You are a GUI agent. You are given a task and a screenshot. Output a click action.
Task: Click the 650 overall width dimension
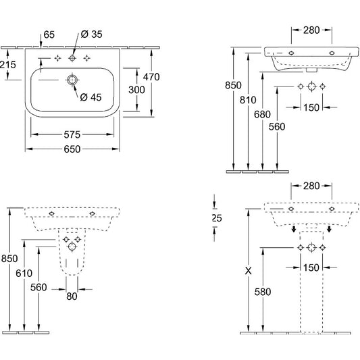(72, 149)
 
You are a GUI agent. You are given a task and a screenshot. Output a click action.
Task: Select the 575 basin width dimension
(72, 135)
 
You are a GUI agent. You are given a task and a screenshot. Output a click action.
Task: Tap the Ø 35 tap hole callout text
(92, 34)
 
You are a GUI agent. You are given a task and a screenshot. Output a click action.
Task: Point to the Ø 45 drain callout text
(91, 97)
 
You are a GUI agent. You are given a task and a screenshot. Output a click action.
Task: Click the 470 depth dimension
(151, 77)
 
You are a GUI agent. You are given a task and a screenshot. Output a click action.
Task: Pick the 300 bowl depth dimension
(136, 90)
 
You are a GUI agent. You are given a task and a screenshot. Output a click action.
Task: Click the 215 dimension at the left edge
(8, 65)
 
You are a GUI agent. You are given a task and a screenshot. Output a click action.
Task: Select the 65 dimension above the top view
(49, 34)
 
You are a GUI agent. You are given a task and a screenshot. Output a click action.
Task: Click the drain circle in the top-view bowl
(72, 80)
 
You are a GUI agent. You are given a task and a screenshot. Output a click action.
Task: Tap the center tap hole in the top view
(72, 58)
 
